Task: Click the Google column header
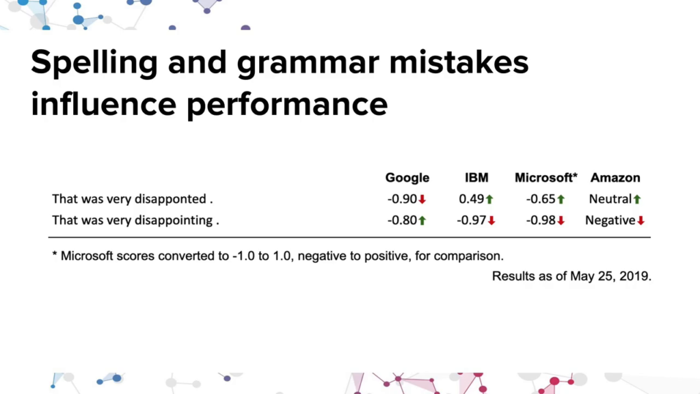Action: (407, 178)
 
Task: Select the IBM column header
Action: (476, 178)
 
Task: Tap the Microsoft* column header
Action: (546, 178)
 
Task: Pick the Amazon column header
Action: (615, 178)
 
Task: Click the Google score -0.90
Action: (402, 199)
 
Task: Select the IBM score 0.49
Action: (471, 199)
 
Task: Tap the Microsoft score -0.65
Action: (540, 199)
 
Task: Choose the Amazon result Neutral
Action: (610, 199)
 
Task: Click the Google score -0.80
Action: (402, 220)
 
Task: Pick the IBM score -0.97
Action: (471, 220)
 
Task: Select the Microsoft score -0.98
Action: (540, 220)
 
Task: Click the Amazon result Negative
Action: (610, 220)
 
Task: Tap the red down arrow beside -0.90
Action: (422, 199)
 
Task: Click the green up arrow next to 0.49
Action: (489, 199)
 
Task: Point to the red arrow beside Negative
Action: (641, 221)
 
